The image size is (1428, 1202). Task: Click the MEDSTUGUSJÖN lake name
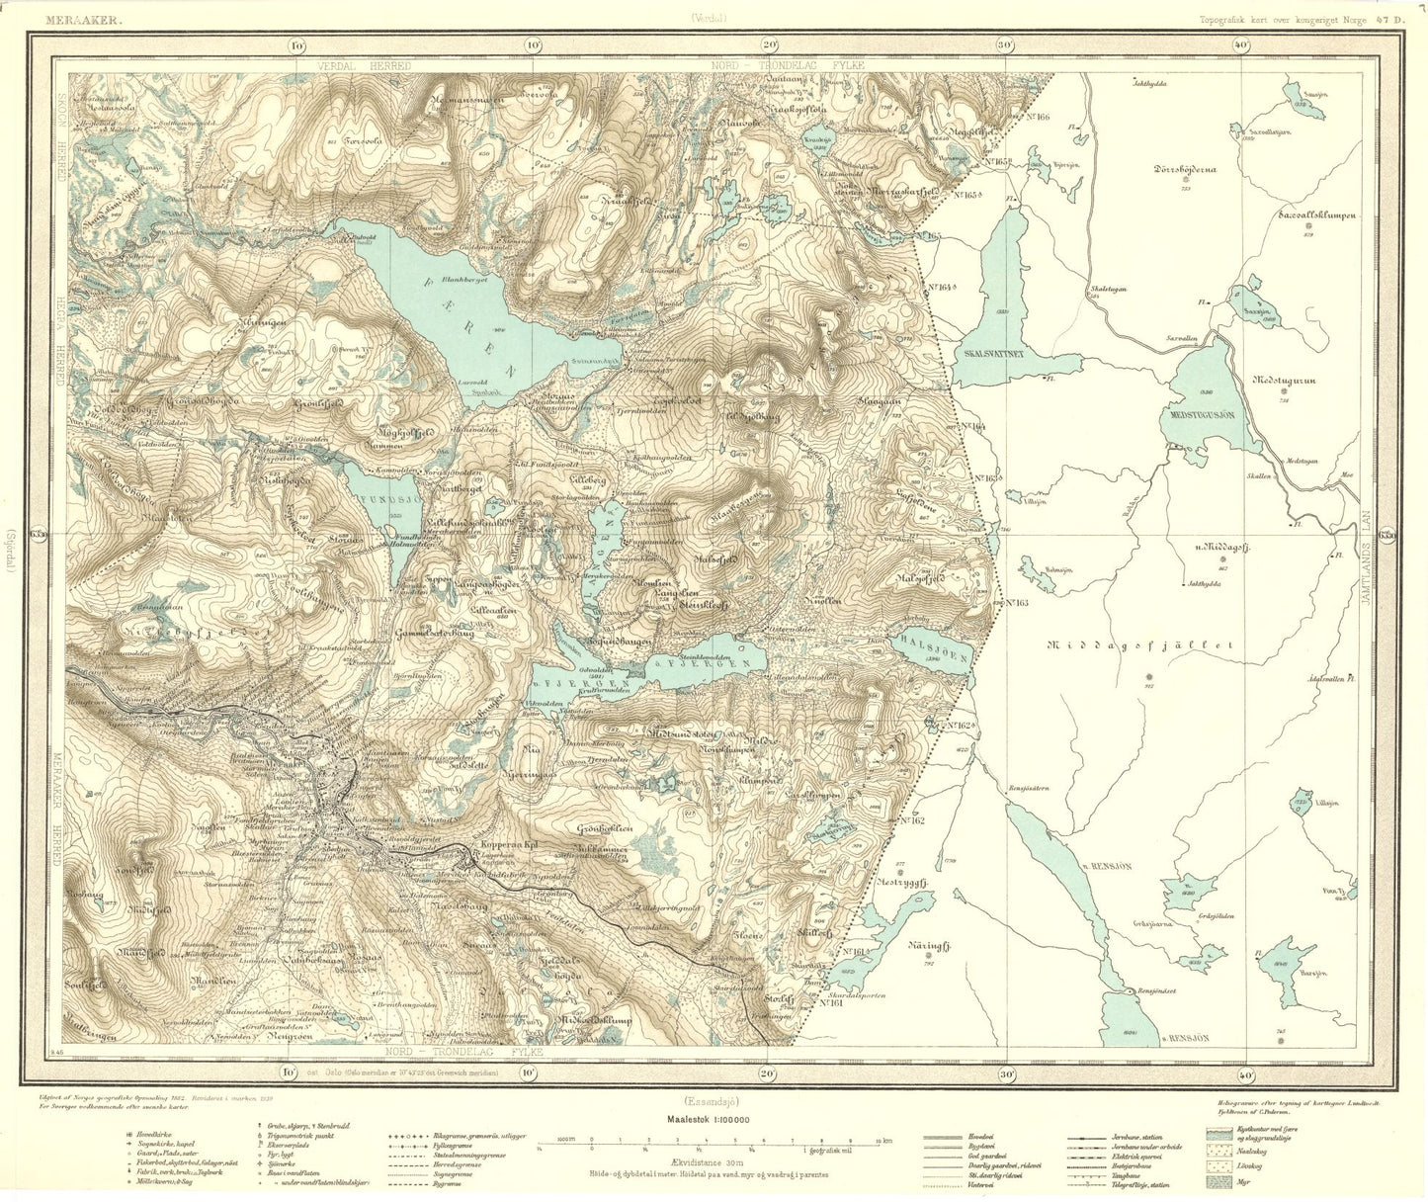[1203, 416]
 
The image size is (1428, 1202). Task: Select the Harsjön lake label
[1312, 973]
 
